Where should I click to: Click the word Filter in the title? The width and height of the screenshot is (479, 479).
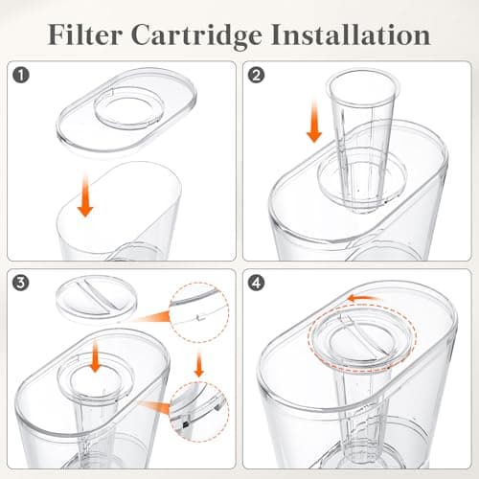85,34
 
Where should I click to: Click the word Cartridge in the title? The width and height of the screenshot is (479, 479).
196,36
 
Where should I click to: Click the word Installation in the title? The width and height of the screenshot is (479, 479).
351,34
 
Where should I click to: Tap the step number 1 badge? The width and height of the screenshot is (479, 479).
21,76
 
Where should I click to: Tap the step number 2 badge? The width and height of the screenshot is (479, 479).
256,76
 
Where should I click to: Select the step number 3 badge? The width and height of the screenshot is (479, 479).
21,283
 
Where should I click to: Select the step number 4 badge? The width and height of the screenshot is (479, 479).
256,283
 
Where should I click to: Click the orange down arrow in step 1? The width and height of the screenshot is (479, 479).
85,194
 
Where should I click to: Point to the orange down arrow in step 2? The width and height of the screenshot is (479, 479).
314,122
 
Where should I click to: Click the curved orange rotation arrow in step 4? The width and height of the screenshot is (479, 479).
364,299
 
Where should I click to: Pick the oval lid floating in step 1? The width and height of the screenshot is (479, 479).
126,109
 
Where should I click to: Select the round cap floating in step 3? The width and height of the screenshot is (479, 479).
97,298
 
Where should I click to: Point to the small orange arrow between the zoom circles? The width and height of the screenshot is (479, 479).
199,363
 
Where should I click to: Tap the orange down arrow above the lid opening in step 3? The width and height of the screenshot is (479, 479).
95,356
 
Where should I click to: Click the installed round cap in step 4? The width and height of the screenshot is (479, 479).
362,338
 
